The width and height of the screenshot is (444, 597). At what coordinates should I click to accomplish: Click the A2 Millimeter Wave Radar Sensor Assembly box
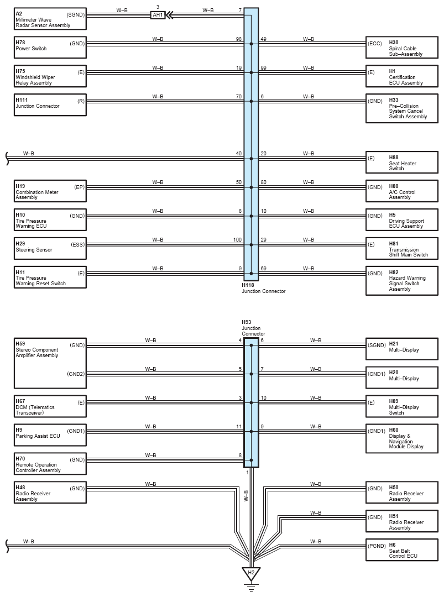click(50, 19)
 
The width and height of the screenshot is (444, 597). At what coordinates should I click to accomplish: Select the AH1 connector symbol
click(158, 15)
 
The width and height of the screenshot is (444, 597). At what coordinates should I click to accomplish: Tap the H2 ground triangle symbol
click(251, 573)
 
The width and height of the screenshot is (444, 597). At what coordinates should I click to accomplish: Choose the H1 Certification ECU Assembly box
click(402, 76)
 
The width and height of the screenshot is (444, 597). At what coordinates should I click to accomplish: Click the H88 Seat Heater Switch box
click(402, 163)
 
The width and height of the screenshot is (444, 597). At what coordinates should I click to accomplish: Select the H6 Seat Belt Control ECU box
click(402, 551)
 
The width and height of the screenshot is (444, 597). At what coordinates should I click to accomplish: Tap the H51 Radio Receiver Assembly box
click(402, 522)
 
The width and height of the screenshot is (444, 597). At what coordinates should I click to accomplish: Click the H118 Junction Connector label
click(263, 288)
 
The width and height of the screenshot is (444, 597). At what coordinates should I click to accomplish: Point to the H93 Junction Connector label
click(253, 328)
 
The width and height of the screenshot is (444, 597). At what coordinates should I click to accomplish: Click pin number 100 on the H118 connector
click(238, 239)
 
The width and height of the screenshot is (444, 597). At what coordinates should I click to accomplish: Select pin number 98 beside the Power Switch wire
click(238, 39)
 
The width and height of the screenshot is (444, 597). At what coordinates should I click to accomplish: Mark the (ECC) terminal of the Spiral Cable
click(375, 43)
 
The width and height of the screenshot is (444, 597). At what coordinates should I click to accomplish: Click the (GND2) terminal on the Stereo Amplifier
click(76, 374)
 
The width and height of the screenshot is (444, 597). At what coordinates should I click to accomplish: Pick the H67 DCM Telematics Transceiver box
click(50, 407)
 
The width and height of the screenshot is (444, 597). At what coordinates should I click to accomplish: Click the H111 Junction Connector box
click(50, 105)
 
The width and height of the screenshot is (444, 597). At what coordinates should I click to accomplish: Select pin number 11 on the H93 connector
click(239, 426)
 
